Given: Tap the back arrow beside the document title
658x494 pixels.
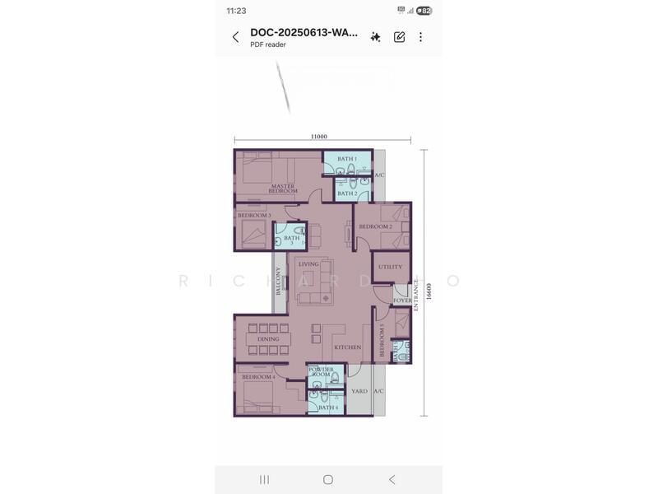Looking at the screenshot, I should [x=235, y=37].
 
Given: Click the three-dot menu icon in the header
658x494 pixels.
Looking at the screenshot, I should [x=420, y=37].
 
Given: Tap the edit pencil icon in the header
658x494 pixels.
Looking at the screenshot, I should [x=399, y=37].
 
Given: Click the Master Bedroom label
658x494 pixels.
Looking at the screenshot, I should [x=283, y=189].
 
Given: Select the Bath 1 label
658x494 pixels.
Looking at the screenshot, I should [x=346, y=158].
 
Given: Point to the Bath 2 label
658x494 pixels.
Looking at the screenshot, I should [x=346, y=193].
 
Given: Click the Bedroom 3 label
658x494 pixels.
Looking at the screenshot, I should [x=254, y=215].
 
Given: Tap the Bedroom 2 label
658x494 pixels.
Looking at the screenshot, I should [x=374, y=226].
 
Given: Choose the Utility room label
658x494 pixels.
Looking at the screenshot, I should [x=390, y=267].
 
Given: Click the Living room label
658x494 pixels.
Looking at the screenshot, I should [x=308, y=264].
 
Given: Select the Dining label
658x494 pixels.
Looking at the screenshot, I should [x=268, y=338].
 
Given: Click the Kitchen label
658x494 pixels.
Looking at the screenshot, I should [x=347, y=347].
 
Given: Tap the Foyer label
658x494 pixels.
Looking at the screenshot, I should [x=402, y=301].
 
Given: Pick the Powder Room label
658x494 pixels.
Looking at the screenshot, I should [x=322, y=372].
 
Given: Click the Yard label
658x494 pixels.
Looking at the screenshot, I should [x=359, y=391].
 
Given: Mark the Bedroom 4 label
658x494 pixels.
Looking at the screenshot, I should [x=258, y=376].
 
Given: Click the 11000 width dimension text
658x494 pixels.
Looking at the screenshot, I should [x=319, y=137].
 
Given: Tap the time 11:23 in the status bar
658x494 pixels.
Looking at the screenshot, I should [x=236, y=11].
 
